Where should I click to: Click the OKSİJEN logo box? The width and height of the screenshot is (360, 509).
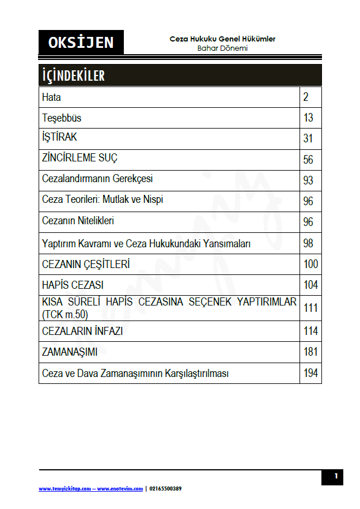point(81,42)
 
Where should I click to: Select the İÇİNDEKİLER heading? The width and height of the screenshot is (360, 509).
point(73,76)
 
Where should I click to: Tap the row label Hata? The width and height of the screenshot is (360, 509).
point(51,97)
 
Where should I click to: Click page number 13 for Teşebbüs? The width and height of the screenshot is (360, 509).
point(308,118)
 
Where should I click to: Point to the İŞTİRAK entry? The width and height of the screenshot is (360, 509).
point(59,138)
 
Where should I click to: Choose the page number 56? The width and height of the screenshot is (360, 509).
point(308,160)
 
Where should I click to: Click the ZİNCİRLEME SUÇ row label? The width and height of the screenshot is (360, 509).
point(80,158)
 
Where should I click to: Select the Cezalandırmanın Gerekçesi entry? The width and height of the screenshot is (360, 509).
point(97,179)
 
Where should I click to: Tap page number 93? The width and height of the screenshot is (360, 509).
point(308,180)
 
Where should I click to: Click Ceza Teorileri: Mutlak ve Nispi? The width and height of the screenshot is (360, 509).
point(103,200)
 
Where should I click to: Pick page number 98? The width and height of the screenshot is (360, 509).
point(308,243)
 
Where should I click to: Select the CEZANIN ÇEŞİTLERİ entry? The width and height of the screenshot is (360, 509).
point(86,265)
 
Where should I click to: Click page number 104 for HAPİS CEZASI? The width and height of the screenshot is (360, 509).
point(310,285)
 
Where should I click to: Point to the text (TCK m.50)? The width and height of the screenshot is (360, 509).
point(65,314)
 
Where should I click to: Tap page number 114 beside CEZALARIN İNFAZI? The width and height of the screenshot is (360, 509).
point(310,331)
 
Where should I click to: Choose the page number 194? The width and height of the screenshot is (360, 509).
point(310,373)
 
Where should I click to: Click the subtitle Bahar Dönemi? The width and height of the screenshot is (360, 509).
point(222,48)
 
